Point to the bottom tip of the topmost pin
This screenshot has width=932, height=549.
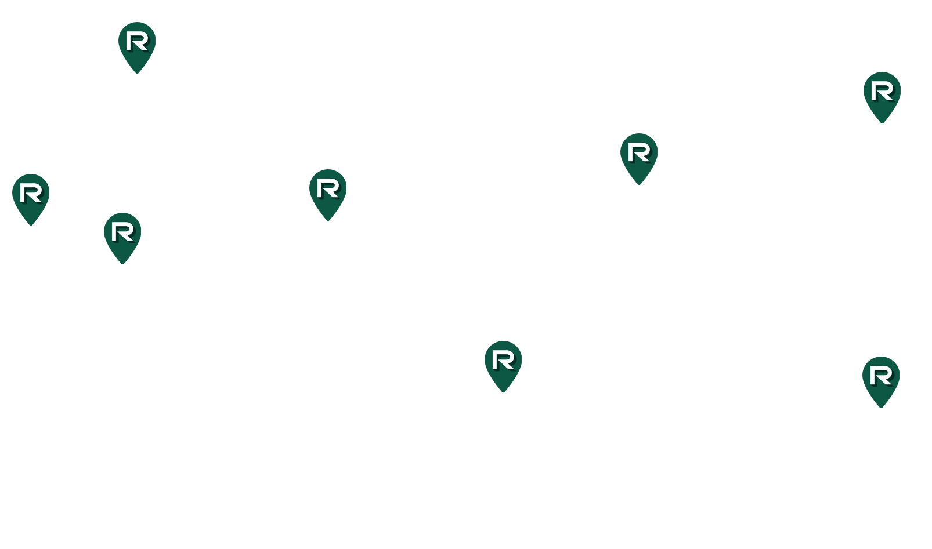point(137,73)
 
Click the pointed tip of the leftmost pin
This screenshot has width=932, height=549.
point(31,226)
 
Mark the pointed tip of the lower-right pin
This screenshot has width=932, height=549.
point(881,408)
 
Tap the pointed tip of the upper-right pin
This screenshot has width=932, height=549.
point(882,123)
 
